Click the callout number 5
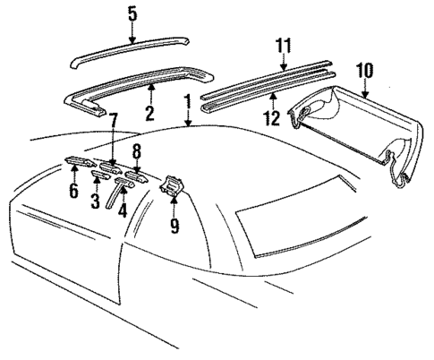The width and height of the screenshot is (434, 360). pos(132,13)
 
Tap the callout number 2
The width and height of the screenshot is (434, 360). pos(149,113)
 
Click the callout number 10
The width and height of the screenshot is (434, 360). pos(364,69)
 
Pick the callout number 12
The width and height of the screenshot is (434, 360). pos(271,117)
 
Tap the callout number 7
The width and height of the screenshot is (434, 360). pos(114,120)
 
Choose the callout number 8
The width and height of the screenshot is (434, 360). pos(137,150)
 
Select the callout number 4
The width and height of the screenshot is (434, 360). pos(122,214)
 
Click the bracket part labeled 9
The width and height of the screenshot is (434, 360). pos(170,189)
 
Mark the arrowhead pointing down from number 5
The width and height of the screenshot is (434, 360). pos(132,39)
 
